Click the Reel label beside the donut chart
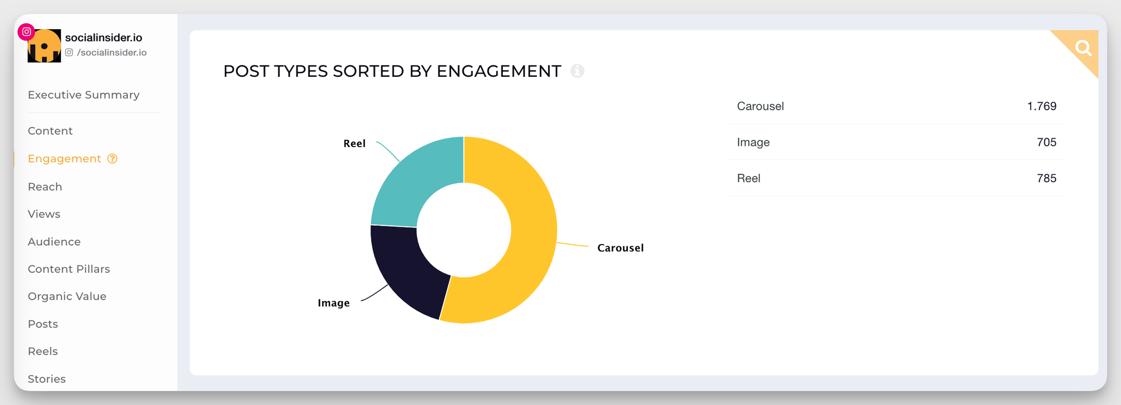pos(354,144)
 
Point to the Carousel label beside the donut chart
pos(620,248)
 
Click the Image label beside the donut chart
pos(333,303)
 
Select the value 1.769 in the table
pos(1041,107)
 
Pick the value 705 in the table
pos(1046,142)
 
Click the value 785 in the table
pos(1046,178)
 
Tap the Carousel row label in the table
pos(760,107)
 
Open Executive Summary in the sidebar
pos(84,95)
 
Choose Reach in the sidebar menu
pos(45,187)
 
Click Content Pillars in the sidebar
pos(69,269)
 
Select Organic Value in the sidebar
pos(67,296)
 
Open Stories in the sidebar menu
pos(47,379)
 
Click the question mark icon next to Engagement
pos(113,159)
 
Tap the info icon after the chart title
pos(577,71)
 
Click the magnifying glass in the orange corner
pos(1083,48)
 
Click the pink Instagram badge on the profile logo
pos(26,32)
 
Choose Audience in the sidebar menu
pos(54,242)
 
